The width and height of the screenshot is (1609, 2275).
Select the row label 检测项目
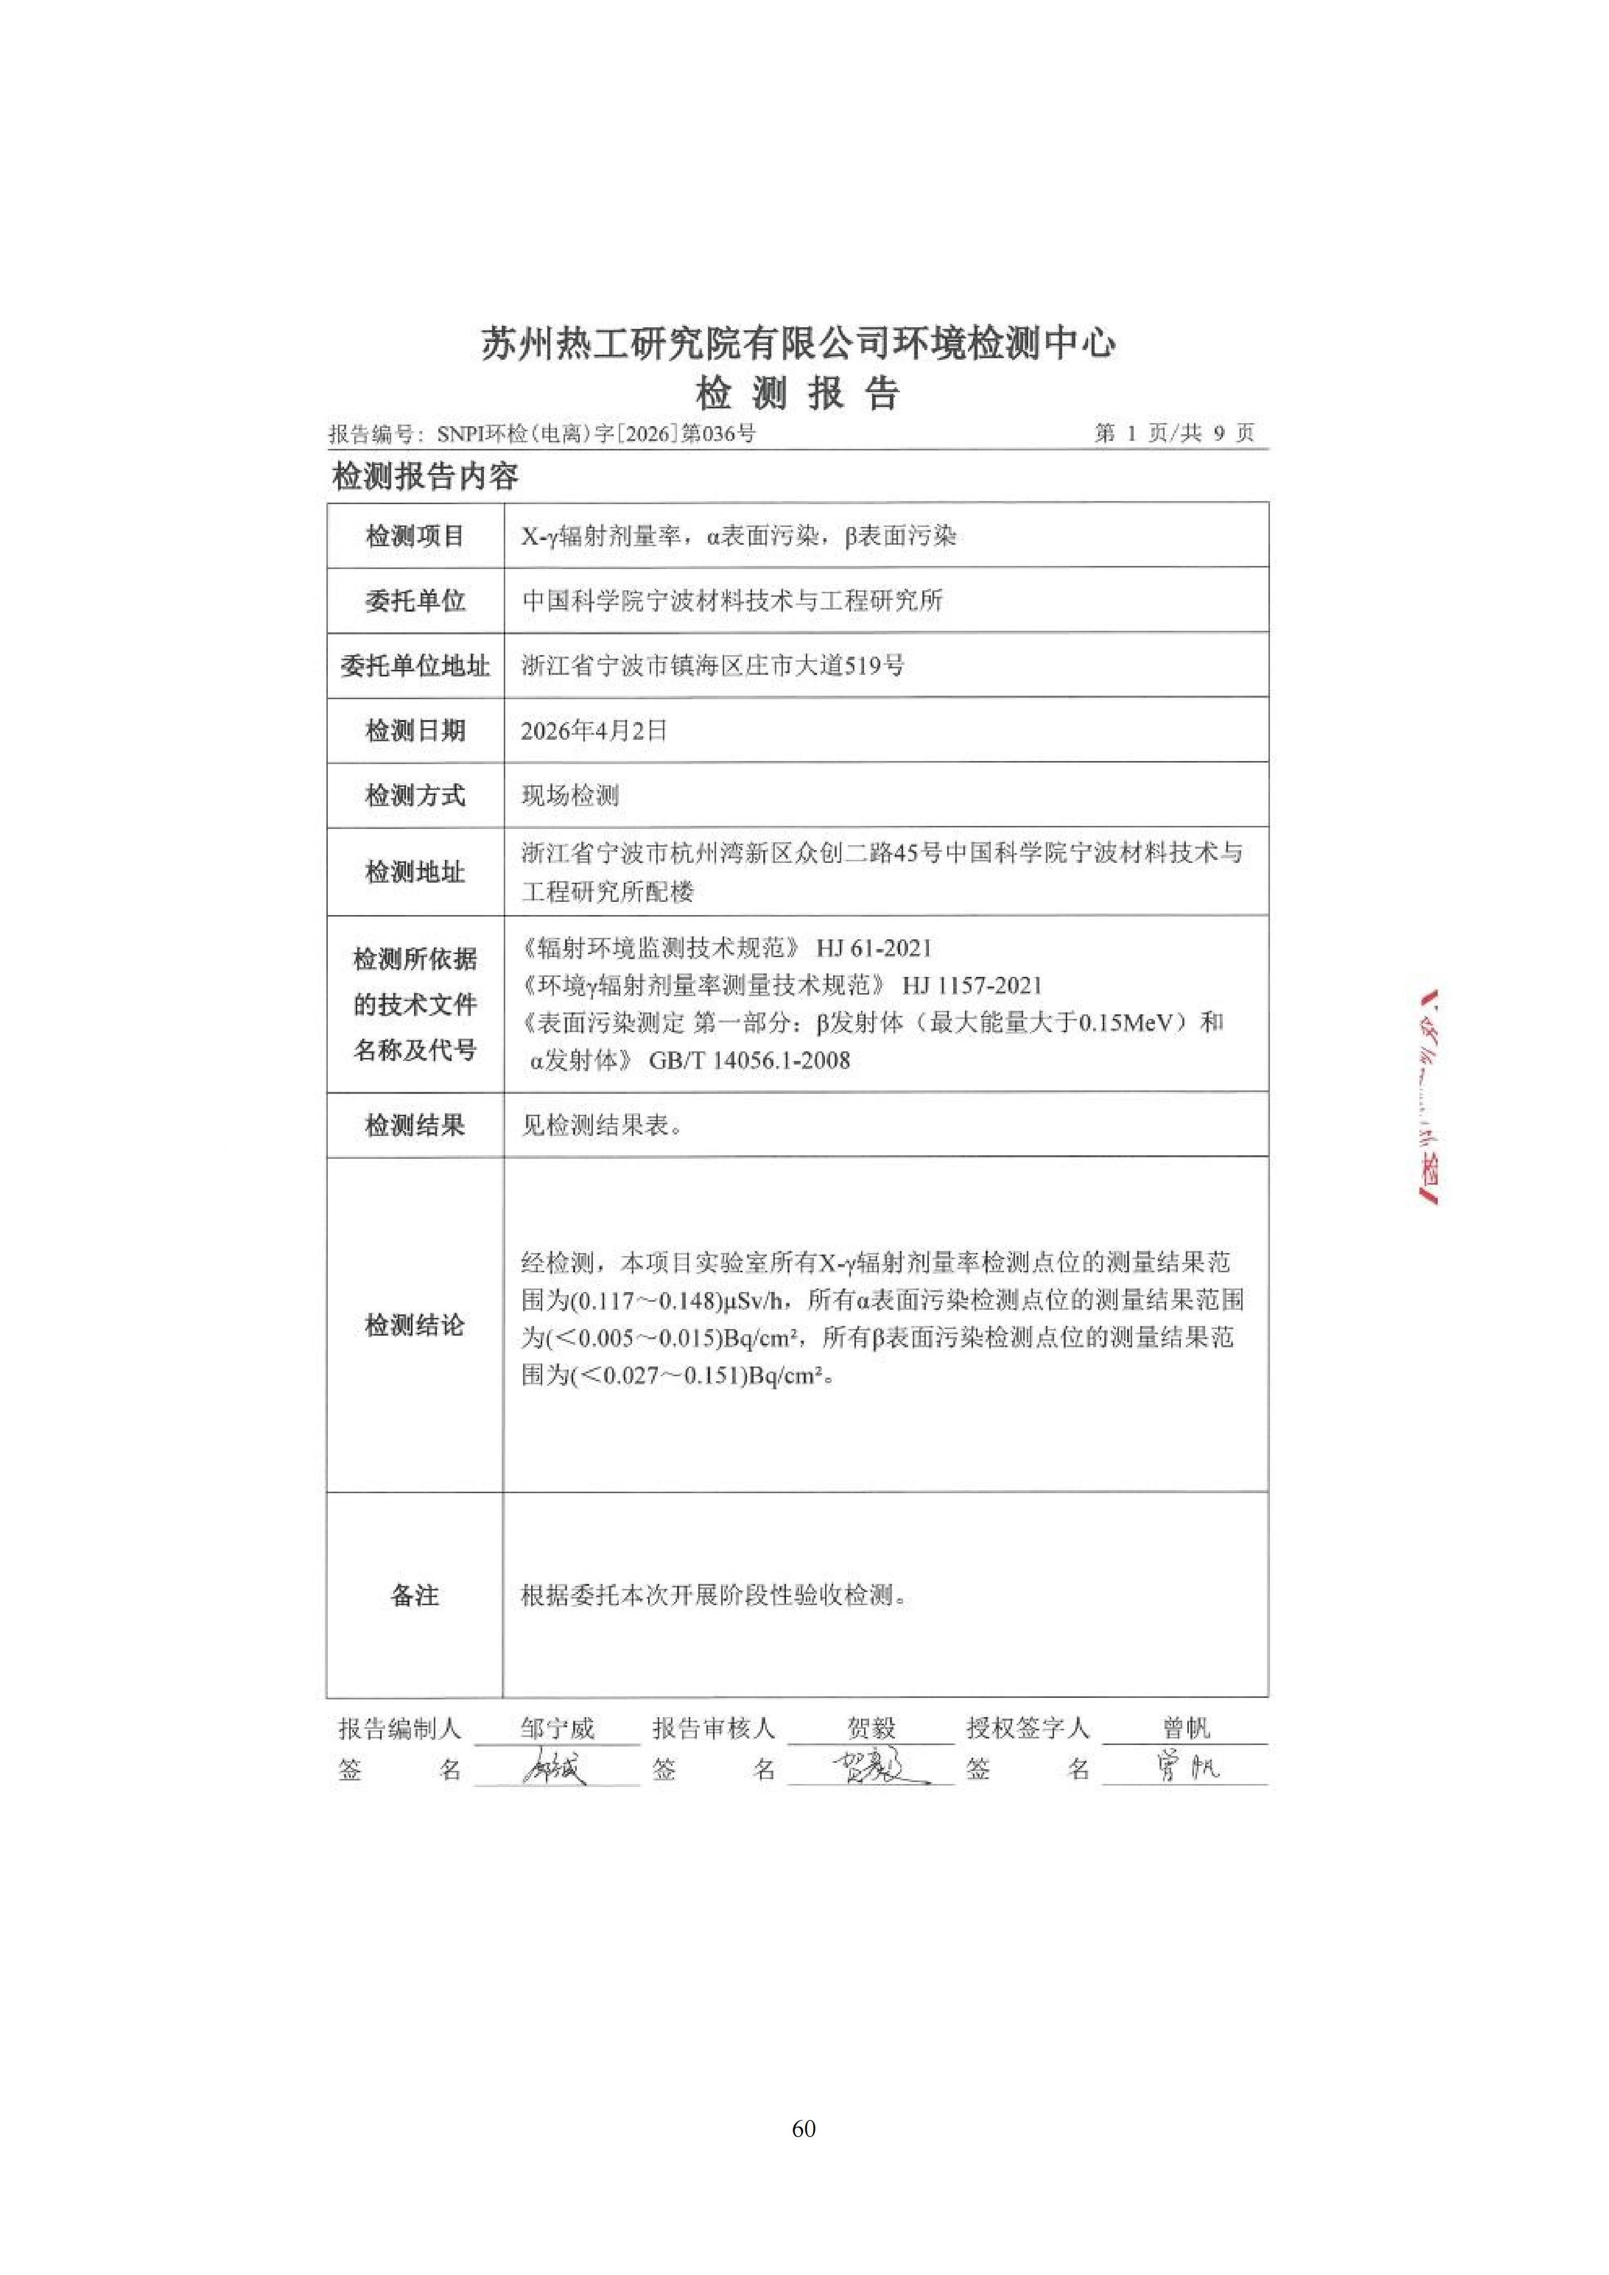415,536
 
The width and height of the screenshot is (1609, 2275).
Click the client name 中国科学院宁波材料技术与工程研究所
732,600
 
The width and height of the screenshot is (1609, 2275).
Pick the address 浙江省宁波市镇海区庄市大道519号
713,666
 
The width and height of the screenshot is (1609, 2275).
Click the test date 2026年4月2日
594,731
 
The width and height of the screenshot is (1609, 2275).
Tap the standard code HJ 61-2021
874,948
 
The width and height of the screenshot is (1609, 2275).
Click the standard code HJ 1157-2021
972,985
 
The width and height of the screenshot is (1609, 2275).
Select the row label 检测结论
415,1325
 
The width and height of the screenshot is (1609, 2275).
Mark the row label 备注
415,1595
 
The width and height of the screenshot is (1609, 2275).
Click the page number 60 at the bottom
804,2129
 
